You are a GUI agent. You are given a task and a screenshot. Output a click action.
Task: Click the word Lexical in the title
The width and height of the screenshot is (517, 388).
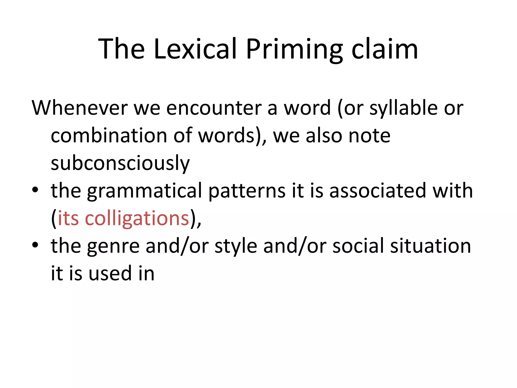tap(195, 49)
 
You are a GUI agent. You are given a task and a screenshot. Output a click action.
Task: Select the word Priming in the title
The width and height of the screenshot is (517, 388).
tap(294, 50)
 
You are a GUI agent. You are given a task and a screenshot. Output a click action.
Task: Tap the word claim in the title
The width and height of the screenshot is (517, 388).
tap(385, 49)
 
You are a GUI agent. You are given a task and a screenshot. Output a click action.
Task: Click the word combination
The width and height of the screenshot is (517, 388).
tap(109, 136)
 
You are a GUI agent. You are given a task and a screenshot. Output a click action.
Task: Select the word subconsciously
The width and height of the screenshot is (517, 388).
tap(120, 164)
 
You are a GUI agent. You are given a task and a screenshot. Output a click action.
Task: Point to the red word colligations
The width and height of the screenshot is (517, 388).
tap(137, 219)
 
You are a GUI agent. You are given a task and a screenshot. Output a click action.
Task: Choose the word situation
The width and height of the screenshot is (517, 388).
tap(430, 246)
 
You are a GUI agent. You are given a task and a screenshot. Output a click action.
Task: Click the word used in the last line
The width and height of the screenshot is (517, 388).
tap(110, 274)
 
